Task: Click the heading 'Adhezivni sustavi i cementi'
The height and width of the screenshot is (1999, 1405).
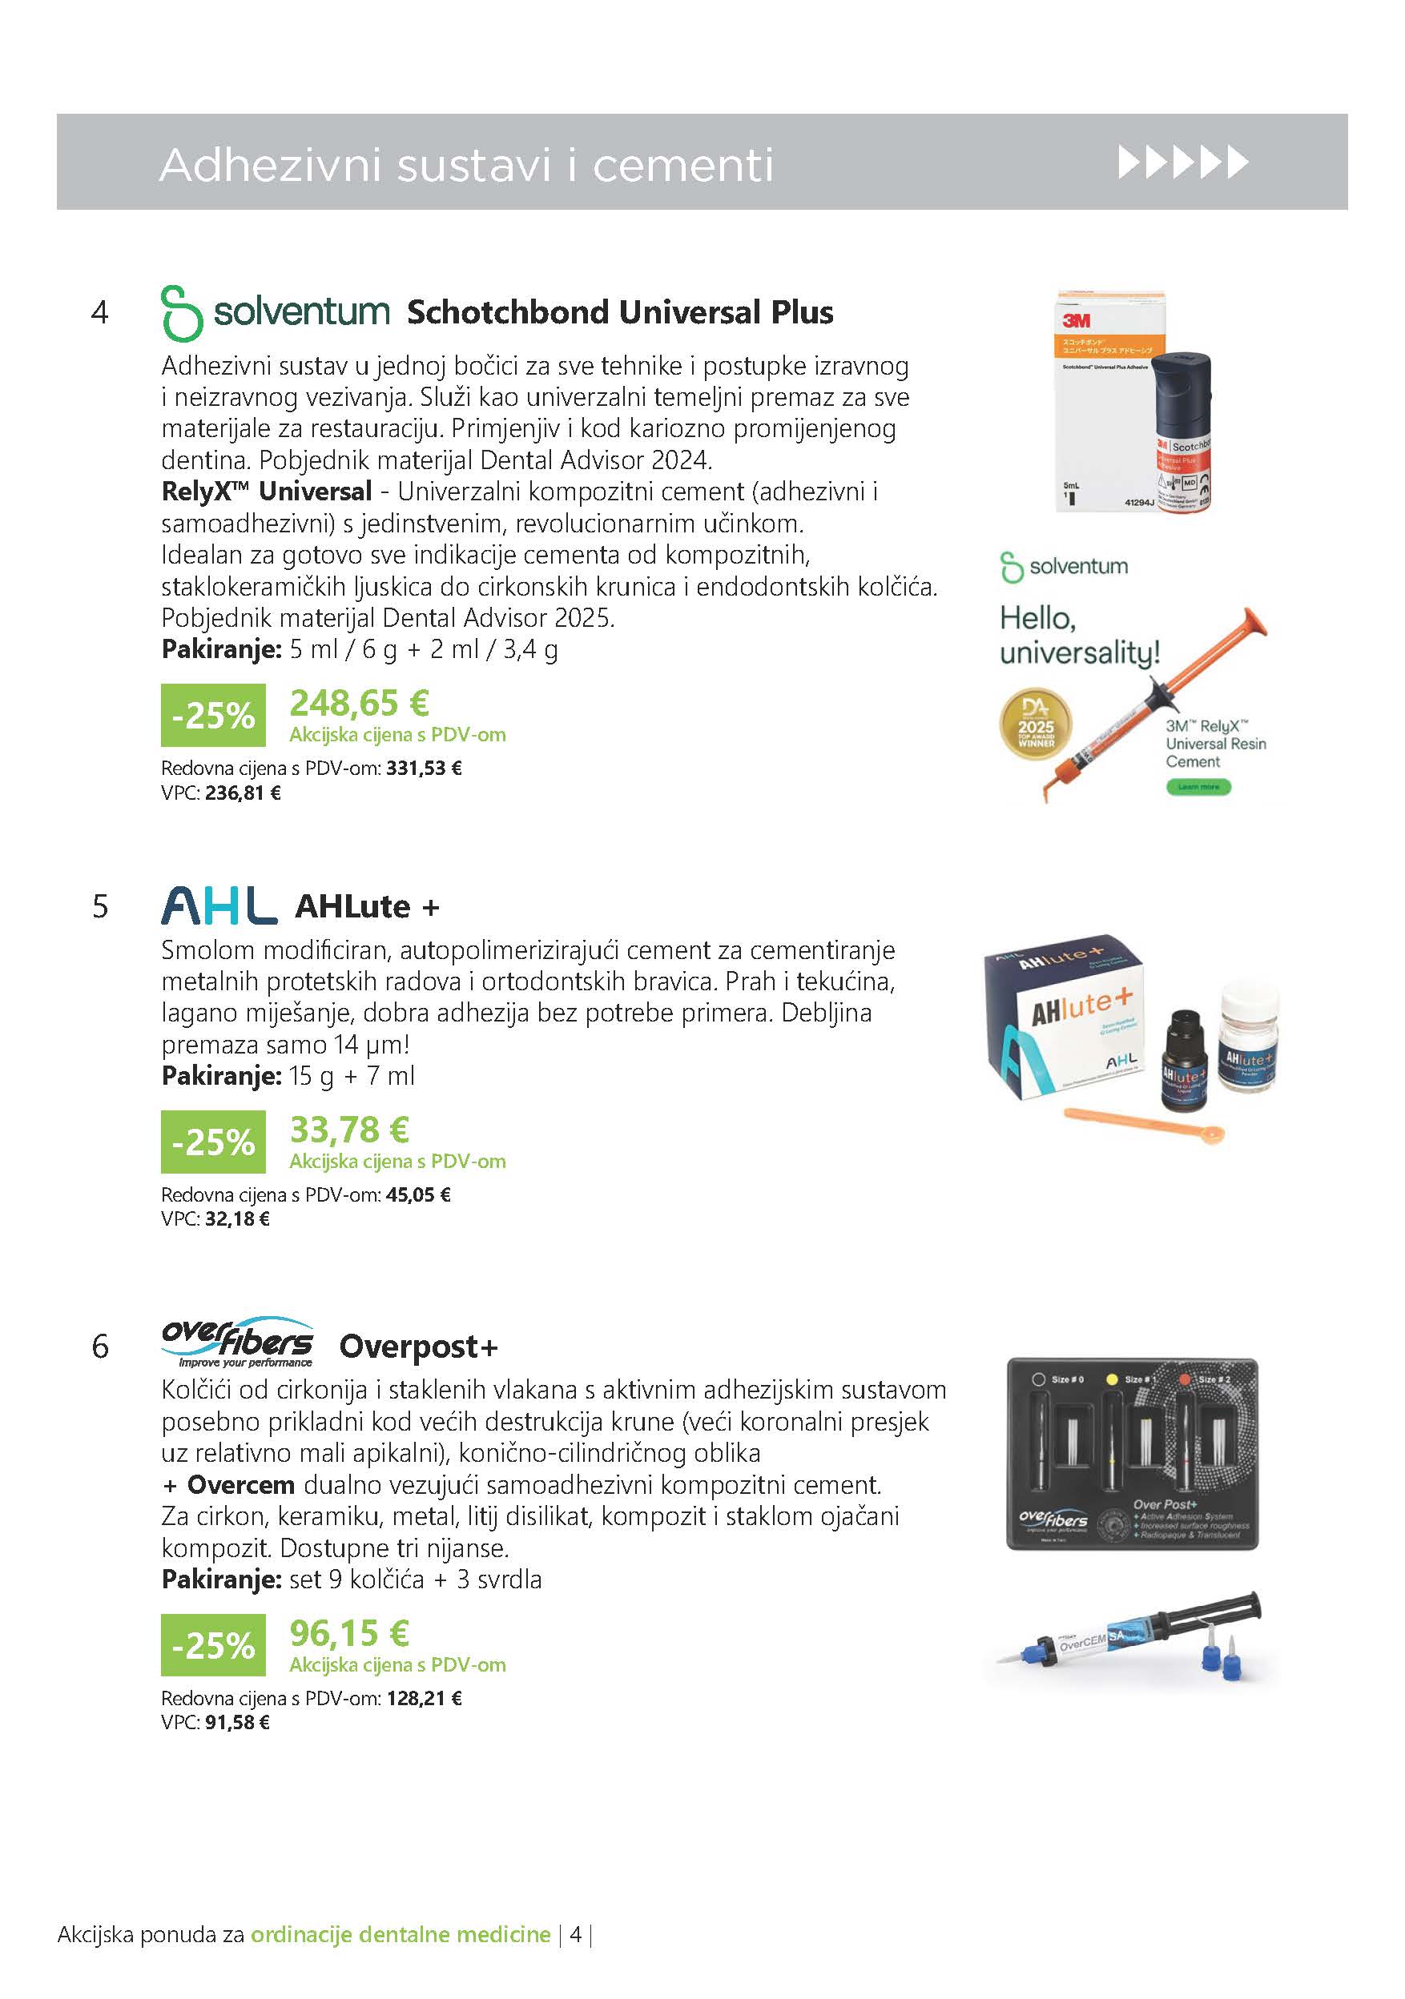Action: point(466,165)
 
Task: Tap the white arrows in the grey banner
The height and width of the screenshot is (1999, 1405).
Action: point(1182,163)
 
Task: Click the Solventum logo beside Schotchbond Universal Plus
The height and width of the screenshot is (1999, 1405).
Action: point(276,312)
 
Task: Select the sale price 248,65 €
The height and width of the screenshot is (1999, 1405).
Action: point(359,703)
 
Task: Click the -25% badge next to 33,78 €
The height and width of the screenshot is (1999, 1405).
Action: point(213,1142)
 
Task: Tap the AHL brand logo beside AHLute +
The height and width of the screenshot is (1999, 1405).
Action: point(219,905)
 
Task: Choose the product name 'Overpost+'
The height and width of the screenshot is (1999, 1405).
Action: point(418,1346)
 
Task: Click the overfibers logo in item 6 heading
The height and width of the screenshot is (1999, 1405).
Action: point(237,1342)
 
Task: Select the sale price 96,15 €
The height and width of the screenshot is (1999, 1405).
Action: point(348,1633)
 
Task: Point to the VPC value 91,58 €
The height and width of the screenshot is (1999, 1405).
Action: point(237,1722)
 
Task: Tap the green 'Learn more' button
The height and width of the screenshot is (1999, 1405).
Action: point(1198,786)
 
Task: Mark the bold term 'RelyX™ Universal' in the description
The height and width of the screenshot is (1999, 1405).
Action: point(267,491)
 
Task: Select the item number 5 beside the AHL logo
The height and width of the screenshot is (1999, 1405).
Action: point(100,906)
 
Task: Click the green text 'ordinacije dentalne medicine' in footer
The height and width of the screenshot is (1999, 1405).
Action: point(401,1959)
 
